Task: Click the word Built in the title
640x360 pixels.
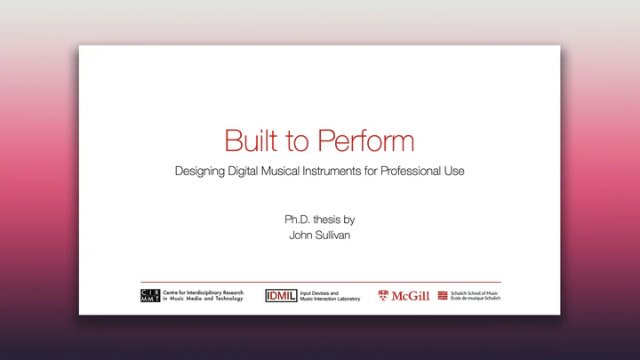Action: pos(251,140)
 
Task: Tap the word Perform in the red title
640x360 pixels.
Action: pos(366,140)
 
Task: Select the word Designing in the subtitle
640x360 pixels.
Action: pos(200,172)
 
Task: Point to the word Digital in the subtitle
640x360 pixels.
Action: pos(243,172)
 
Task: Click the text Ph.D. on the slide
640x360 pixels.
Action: pos(297,220)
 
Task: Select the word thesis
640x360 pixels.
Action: pos(327,220)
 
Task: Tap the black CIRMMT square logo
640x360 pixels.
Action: pos(150,295)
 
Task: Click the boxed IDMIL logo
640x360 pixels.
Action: pos(281,295)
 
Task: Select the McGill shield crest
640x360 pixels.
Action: pos(383,295)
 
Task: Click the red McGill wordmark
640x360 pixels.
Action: pos(411,296)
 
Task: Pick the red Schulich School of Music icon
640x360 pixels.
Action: pos(443,295)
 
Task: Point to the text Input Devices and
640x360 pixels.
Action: pos(319,293)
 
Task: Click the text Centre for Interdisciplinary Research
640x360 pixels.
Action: pos(204,292)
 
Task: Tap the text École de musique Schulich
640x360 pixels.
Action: pos(476,299)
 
